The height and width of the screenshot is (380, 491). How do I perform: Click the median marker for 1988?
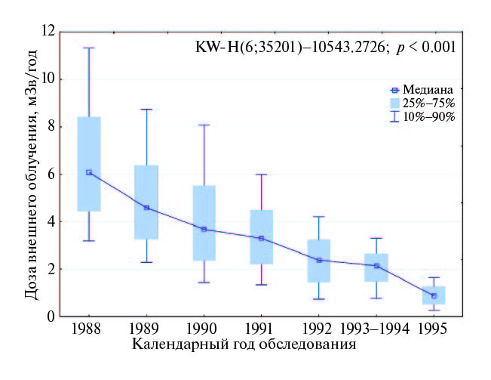(89, 172)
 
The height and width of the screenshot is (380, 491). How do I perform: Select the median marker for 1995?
(434, 295)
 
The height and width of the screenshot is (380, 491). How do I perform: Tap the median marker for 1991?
(261, 238)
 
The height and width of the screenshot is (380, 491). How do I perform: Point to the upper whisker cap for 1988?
(89, 48)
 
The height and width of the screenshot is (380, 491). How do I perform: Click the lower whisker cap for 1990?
(204, 282)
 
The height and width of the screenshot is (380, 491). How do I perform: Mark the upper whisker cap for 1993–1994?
(376, 238)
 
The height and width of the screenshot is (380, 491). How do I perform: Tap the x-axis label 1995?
(434, 329)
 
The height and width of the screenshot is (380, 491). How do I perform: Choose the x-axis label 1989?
(146, 329)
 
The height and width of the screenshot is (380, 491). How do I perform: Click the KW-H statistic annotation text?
(325, 47)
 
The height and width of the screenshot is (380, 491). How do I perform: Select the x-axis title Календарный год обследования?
(243, 344)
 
